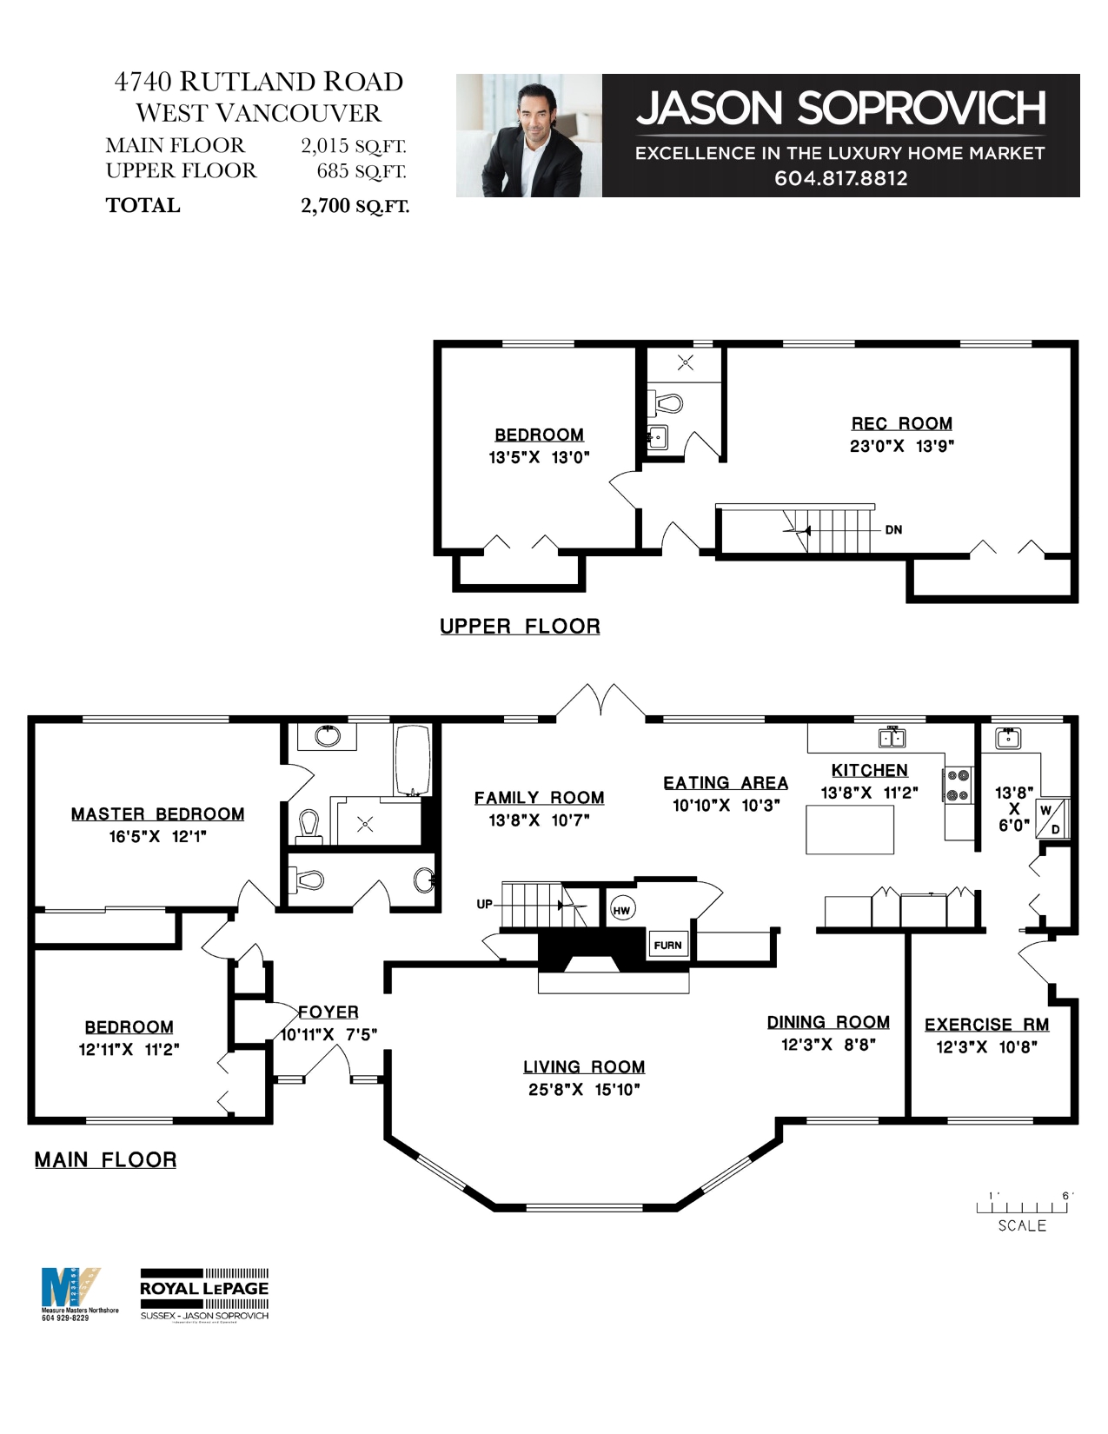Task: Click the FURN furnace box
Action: click(668, 945)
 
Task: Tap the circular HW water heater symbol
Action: click(621, 910)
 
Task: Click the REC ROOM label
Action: click(901, 423)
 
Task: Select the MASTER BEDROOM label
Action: click(157, 813)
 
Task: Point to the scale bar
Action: click(1022, 1206)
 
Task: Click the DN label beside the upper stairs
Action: click(893, 529)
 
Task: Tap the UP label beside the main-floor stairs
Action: click(484, 904)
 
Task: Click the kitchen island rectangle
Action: click(849, 829)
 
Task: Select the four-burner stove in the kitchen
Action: click(957, 785)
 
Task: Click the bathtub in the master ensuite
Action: click(412, 760)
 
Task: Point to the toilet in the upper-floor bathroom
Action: click(668, 404)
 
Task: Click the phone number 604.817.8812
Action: click(840, 178)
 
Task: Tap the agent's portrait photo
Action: click(528, 136)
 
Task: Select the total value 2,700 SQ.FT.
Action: click(355, 206)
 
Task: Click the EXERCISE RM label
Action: click(986, 1025)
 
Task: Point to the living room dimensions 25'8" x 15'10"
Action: click(583, 1089)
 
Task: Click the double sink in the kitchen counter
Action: click(892, 738)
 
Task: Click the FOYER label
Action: click(328, 1012)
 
